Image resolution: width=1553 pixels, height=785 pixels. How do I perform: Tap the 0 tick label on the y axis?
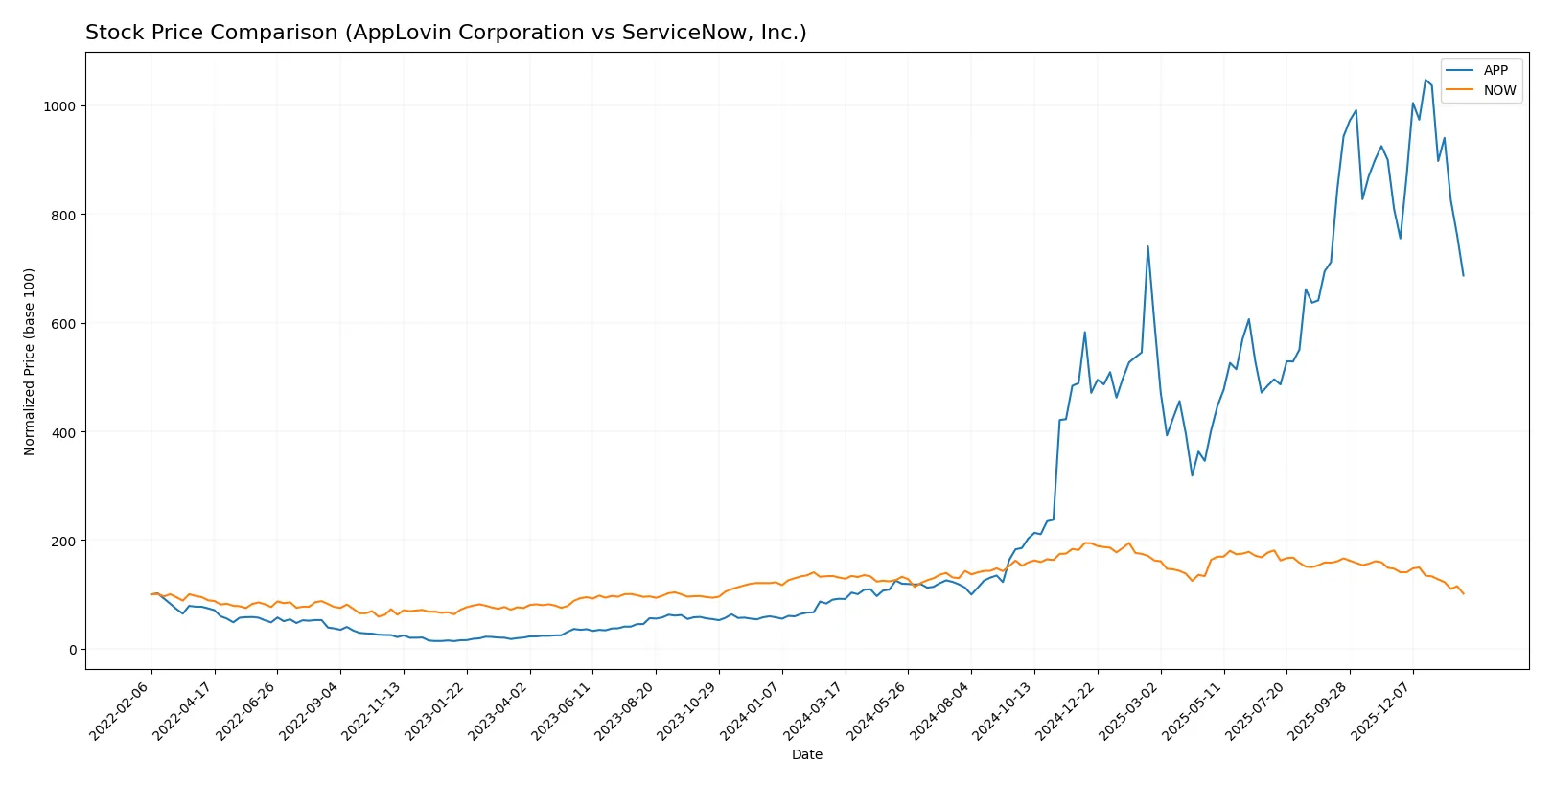pos(72,650)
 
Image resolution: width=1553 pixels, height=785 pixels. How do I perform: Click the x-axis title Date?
pos(806,754)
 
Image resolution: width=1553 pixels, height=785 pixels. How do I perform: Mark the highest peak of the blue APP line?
pos(1426,80)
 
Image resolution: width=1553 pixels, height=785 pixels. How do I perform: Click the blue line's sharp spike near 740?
pos(1147,246)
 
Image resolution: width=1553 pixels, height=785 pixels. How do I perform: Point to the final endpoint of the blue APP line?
pos(1463,276)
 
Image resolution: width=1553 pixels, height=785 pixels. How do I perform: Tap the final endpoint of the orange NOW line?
pos(1463,594)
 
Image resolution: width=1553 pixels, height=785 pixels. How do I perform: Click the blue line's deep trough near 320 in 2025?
pos(1193,475)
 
